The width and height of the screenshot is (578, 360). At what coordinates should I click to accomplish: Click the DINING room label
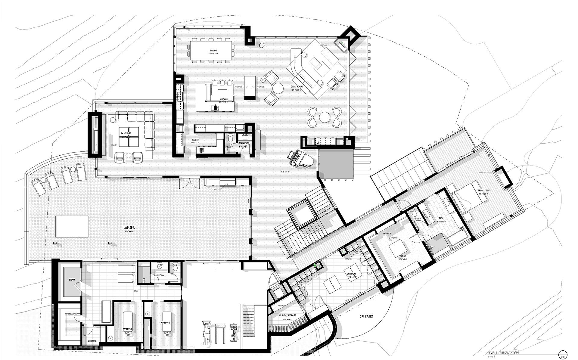click(214, 50)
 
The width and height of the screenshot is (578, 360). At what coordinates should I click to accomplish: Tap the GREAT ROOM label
click(296, 86)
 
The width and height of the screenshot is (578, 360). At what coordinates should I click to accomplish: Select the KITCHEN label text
click(223, 99)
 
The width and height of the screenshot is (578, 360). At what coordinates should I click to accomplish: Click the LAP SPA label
click(129, 228)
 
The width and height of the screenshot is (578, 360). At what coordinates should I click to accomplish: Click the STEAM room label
click(72, 280)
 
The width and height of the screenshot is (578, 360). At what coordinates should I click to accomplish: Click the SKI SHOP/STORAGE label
click(287, 315)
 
